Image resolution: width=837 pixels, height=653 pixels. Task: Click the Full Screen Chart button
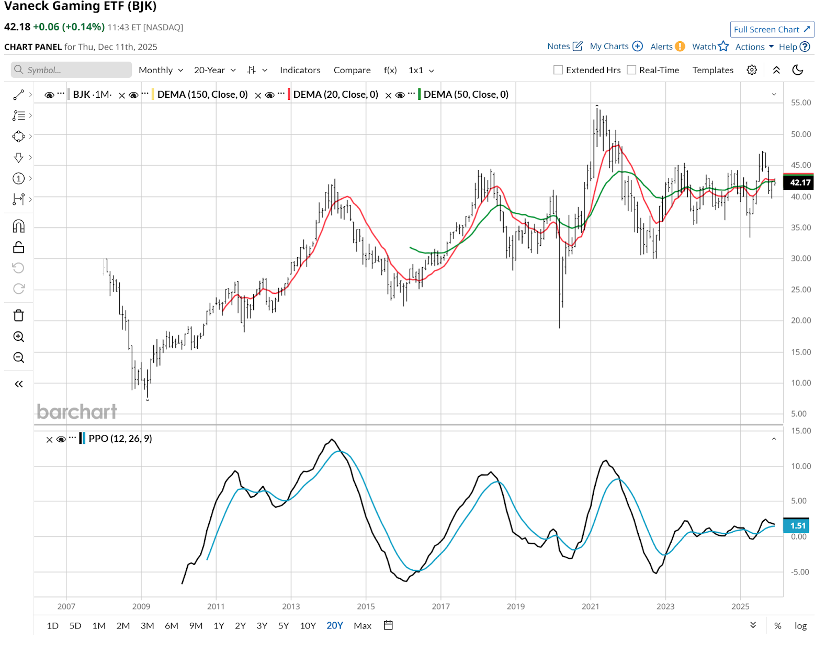[772, 29]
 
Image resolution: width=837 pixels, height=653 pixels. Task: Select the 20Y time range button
[334, 625]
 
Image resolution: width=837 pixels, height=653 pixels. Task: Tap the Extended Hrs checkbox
[558, 70]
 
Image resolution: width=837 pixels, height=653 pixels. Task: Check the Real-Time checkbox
[631, 70]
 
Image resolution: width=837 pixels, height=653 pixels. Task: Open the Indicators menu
[300, 70]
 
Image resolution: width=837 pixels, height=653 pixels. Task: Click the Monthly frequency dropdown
[161, 70]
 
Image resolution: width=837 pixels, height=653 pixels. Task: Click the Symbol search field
[71, 70]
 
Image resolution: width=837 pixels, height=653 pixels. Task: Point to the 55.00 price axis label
[800, 102]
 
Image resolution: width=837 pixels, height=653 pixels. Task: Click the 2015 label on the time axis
[366, 606]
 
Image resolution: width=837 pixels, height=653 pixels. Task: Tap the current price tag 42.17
[799, 182]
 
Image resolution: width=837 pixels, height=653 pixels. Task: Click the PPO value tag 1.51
[797, 525]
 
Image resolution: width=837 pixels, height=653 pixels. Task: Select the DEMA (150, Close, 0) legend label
[202, 95]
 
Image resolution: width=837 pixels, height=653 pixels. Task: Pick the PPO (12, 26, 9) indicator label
[120, 438]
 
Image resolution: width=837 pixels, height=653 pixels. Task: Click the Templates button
[712, 70]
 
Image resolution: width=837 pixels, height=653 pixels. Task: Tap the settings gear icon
[752, 70]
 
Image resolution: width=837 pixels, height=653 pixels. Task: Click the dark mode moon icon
[797, 70]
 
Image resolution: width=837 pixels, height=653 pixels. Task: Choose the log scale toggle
[800, 626]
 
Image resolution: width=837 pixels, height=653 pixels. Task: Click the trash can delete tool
[19, 315]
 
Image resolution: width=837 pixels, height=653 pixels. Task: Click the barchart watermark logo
[77, 412]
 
